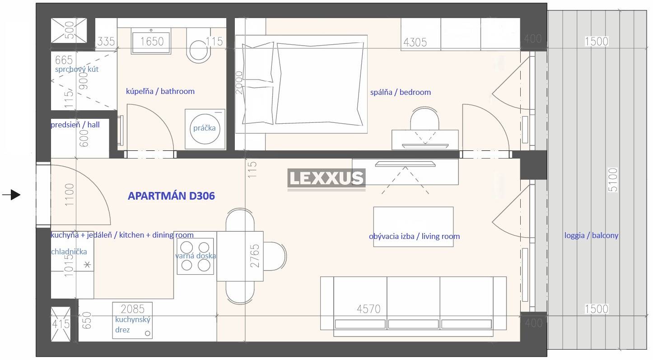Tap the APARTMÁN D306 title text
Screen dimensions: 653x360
coord(172,196)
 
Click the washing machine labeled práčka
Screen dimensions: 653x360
coord(205,129)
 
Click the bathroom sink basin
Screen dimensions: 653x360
coord(151,41)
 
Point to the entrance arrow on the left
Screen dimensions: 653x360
coord(11,195)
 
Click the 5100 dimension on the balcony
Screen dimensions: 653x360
coord(613,180)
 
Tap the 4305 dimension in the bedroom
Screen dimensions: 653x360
coord(415,42)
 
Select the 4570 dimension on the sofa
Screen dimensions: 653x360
coord(369,309)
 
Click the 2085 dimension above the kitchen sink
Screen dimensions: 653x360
coord(133,309)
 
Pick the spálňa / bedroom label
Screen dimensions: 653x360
coord(401,93)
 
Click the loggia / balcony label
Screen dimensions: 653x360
coord(591,235)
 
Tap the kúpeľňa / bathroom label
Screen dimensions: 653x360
coord(160,92)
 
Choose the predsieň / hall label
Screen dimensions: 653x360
coord(75,125)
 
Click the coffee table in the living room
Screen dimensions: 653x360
coord(413,227)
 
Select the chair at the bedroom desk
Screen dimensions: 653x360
coord(424,118)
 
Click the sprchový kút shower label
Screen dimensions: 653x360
coord(77,70)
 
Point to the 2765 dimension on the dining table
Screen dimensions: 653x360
coord(255,256)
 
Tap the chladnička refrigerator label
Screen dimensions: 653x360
coord(69,252)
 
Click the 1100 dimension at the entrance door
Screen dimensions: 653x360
coord(70,195)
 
